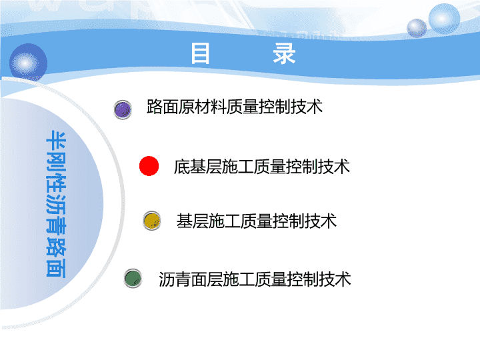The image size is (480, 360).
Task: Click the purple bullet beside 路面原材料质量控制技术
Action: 123,109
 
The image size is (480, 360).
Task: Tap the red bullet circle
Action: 149,166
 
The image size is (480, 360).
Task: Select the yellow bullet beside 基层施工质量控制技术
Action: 152,221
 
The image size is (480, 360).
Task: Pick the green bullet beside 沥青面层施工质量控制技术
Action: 133,278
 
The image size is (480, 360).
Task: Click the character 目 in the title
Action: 200,53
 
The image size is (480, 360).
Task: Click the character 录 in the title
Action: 285,53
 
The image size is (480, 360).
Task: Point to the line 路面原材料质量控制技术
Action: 235,107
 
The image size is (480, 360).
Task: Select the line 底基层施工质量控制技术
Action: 262,167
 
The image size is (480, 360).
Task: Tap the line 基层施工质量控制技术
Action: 257,221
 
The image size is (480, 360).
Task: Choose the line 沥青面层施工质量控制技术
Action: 255,279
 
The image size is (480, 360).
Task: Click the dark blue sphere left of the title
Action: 28,63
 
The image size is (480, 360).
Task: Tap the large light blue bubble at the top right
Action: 444,19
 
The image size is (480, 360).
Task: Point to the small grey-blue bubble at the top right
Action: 416,28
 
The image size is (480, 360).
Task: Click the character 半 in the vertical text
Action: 56,141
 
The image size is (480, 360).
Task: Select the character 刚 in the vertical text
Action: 56,161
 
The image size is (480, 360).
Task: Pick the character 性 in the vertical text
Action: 56,183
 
